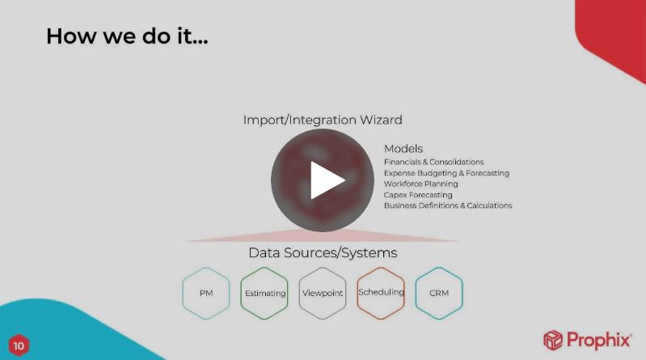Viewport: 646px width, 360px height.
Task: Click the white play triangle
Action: pos(326,180)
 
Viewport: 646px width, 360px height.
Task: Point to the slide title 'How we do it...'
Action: pos(127,36)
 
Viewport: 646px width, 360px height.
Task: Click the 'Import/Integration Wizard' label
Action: pos(323,120)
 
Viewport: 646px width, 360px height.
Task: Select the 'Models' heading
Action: pos(403,149)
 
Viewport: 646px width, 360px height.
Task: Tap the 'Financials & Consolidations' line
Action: pos(434,162)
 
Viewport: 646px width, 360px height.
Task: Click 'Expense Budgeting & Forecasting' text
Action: pos(446,173)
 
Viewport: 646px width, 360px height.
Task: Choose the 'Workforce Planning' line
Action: pos(421,184)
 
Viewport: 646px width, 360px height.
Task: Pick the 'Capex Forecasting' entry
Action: pos(418,195)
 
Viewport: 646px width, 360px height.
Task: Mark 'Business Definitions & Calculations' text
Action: pos(448,205)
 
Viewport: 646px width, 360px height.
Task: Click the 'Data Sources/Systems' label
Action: pos(323,252)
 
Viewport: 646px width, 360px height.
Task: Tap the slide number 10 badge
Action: pos(19,345)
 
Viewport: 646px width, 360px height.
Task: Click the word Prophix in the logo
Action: pos(598,341)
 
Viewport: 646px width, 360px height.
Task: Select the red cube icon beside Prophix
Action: pos(553,341)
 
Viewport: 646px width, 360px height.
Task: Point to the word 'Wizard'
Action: pos(381,120)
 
